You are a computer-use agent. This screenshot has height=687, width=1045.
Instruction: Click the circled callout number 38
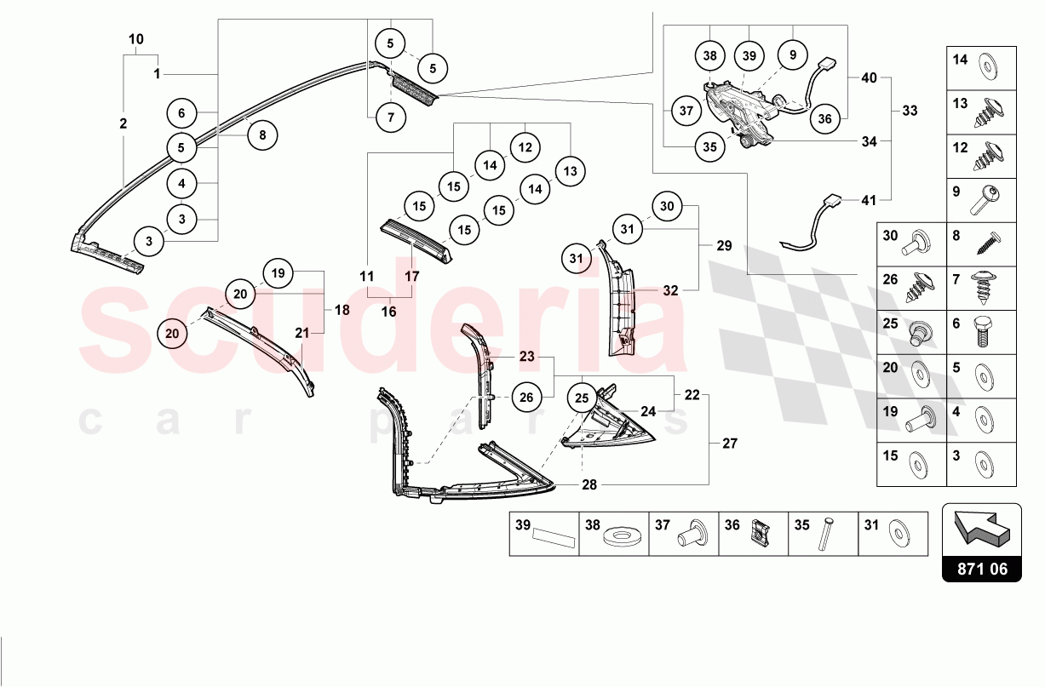[710, 55]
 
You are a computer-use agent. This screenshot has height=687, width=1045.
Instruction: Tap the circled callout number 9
[792, 55]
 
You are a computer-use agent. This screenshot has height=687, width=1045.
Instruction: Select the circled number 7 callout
[391, 117]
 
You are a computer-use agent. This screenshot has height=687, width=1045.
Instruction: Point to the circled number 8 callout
[262, 134]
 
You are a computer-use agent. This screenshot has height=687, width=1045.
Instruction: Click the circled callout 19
[278, 273]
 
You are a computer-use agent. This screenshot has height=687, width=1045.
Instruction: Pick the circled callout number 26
[526, 397]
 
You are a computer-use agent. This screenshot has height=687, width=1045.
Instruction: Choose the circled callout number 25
[582, 397]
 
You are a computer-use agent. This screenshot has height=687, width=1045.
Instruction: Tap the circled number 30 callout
[667, 207]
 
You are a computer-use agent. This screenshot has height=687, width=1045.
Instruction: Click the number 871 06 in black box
[981, 569]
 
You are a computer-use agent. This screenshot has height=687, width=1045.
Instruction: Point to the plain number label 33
[910, 110]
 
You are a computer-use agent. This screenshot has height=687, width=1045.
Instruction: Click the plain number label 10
[136, 39]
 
